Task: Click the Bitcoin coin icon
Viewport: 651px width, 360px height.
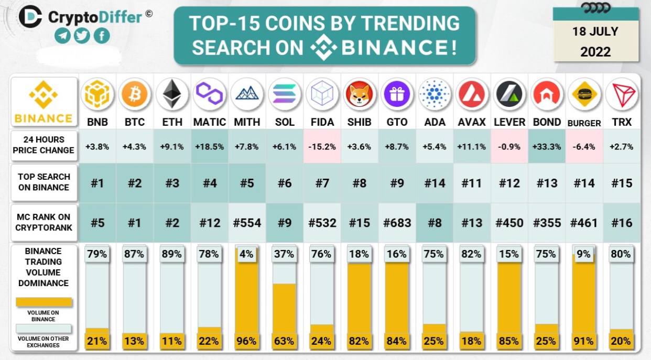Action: click(135, 94)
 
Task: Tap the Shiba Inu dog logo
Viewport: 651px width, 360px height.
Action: click(360, 94)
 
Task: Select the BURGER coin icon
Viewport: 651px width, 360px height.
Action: click(584, 94)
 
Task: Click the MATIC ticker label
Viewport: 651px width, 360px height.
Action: click(210, 122)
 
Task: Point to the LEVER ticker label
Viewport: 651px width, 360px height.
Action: click(509, 122)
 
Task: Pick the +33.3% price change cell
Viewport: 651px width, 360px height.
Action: click(547, 147)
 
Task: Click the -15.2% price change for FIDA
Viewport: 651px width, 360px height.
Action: click(322, 147)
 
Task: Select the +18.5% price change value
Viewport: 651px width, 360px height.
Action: click(210, 147)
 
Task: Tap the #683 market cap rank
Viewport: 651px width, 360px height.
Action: click(397, 223)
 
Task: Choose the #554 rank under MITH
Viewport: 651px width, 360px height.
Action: click(247, 223)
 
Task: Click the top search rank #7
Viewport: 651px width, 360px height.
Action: click(322, 183)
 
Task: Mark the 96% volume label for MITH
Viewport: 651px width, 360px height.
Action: click(246, 341)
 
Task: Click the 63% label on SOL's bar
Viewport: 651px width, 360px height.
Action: click(284, 341)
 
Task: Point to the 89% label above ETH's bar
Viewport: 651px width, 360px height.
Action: click(172, 254)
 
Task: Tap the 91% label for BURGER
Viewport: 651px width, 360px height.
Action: click(583, 341)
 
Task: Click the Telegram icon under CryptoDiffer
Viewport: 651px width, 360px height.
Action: click(62, 36)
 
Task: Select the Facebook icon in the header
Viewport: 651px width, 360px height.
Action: click(102, 36)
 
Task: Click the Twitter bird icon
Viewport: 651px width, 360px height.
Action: click(82, 36)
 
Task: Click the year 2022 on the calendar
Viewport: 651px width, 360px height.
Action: click(595, 52)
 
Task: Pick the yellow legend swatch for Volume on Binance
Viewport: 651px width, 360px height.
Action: click(44, 302)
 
